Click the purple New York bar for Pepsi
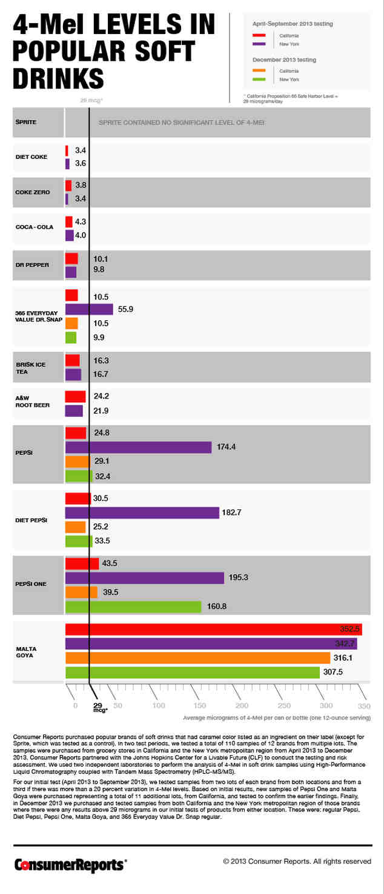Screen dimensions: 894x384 coord(138,447)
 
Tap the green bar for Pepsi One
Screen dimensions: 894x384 coord(133,607)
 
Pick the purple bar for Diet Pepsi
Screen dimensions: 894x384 coord(142,513)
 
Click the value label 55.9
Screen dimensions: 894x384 coord(125,309)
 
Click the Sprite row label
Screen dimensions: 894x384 coord(26,122)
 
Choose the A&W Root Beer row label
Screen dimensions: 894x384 coord(33,401)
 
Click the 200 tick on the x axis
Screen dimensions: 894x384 coord(242,705)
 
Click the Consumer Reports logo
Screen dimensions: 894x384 coord(70,864)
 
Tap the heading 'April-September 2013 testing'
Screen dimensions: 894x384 coord(292,24)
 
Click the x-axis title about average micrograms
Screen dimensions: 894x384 coord(276,718)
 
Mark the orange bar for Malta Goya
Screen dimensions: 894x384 coord(197,657)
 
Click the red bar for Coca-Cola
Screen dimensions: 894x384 coord(68,222)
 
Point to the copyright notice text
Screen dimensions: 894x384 coord(297,861)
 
